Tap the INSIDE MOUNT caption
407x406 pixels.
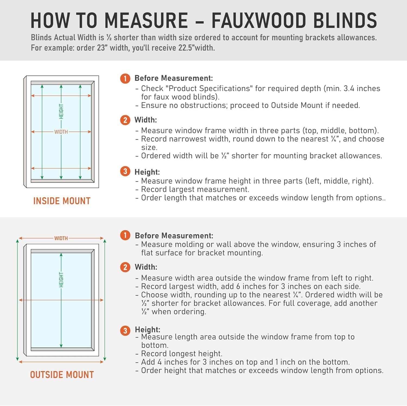click(x=62, y=201)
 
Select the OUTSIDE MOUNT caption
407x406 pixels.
click(x=62, y=375)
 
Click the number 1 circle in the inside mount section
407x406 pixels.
click(x=125, y=79)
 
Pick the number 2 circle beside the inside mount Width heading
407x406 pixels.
click(x=125, y=120)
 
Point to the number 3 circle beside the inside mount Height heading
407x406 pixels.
click(x=125, y=172)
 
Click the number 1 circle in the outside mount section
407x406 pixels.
click(x=125, y=235)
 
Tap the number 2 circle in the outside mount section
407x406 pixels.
click(x=125, y=267)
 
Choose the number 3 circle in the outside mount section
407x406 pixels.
click(x=125, y=331)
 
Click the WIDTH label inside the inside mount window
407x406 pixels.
click(x=61, y=132)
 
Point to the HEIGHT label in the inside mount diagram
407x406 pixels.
click(x=61, y=111)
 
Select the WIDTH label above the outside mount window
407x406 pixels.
click(x=61, y=239)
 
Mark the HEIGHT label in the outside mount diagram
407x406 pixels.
click(x=61, y=280)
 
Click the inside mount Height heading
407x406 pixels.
click(x=147, y=172)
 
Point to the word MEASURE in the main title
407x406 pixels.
click(x=146, y=20)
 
